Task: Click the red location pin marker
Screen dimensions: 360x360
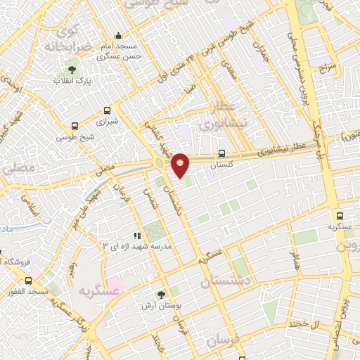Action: tap(181, 165)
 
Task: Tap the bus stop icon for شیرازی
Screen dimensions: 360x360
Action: tap(108, 110)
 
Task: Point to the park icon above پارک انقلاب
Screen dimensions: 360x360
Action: tap(71, 70)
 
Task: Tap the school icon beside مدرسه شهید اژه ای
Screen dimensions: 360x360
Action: tap(138, 236)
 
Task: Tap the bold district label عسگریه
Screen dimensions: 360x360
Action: tap(96, 290)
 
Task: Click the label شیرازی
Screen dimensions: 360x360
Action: tap(108, 121)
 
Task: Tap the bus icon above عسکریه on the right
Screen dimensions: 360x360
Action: tap(340, 217)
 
